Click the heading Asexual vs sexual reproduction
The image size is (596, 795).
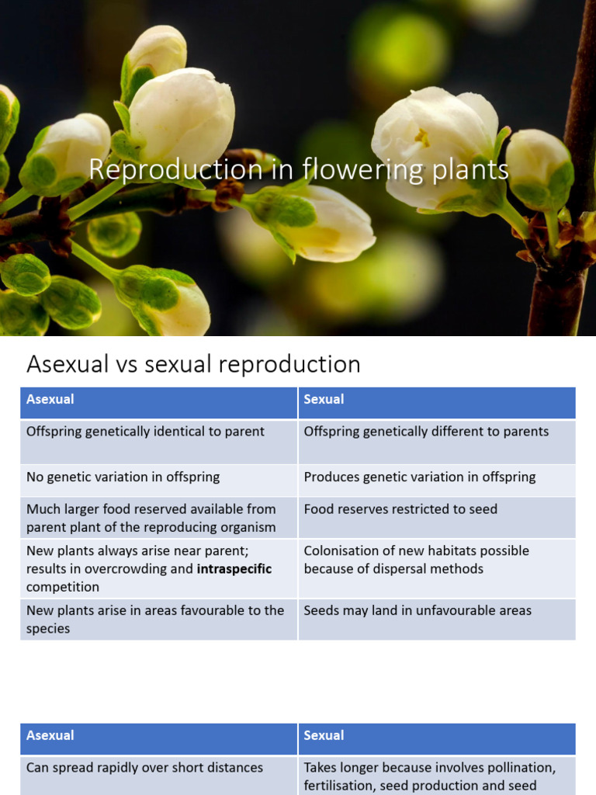(193, 364)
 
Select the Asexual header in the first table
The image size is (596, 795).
(50, 399)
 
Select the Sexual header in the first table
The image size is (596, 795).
(324, 399)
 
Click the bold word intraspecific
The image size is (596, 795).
(234, 569)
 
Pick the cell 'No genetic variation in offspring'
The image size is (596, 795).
(123, 477)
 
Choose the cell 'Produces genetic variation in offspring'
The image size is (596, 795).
(419, 477)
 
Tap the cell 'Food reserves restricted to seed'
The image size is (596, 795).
(400, 509)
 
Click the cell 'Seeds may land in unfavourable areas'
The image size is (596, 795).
(418, 610)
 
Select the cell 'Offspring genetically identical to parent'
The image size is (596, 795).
(145, 432)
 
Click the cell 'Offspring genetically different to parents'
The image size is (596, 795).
(426, 432)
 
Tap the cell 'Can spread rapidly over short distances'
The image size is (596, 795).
(144, 767)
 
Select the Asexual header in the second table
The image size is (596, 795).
(50, 735)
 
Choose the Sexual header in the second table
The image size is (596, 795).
(324, 735)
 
